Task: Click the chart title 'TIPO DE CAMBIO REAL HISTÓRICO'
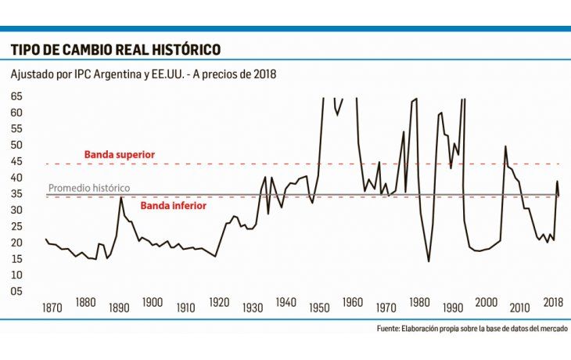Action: tap(115, 49)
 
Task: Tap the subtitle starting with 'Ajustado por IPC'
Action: tap(144, 74)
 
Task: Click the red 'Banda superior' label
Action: tap(120, 155)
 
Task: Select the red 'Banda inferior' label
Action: tap(173, 206)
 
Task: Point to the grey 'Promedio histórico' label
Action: tap(89, 189)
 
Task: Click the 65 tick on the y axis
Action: tap(16, 96)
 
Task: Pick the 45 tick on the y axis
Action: tap(16, 161)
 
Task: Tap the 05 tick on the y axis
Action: tap(16, 291)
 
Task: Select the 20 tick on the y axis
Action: tap(16, 243)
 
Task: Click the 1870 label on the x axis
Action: tap(52, 303)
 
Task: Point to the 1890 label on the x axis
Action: tap(119, 303)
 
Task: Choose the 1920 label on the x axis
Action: tap(219, 303)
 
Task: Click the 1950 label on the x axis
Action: tap(320, 303)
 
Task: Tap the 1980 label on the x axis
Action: tap(420, 303)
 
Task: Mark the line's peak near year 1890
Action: tap(120, 197)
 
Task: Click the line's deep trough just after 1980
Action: tap(429, 261)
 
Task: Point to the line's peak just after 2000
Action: tap(505, 146)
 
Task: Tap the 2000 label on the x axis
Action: tap(487, 303)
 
